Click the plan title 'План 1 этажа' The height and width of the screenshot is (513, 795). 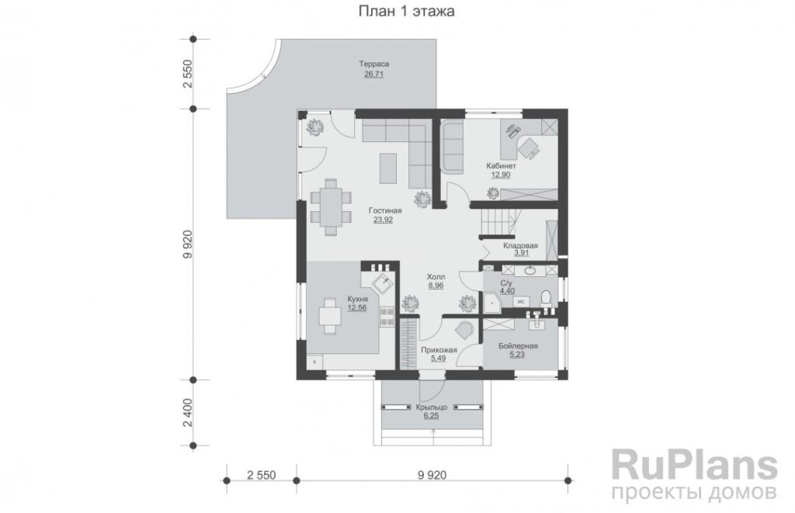(406, 11)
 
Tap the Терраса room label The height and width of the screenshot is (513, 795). (374, 64)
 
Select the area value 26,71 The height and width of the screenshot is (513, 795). (374, 75)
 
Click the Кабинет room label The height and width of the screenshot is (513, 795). (501, 166)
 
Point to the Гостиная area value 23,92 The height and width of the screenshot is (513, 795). (384, 220)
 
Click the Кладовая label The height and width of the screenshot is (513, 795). (521, 245)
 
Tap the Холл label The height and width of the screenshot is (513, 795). (436, 277)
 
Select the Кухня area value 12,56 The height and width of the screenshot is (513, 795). (357, 307)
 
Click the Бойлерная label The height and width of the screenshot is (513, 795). (518, 345)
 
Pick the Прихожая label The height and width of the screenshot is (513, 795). (439, 350)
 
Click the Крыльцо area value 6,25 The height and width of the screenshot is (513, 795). (431, 416)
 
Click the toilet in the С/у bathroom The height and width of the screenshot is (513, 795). (546, 297)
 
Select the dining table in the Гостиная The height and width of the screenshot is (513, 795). (331, 206)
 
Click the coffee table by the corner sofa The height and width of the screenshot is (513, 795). (389, 168)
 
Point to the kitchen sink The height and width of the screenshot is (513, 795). (382, 282)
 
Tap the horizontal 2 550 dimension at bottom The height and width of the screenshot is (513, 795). (262, 475)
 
